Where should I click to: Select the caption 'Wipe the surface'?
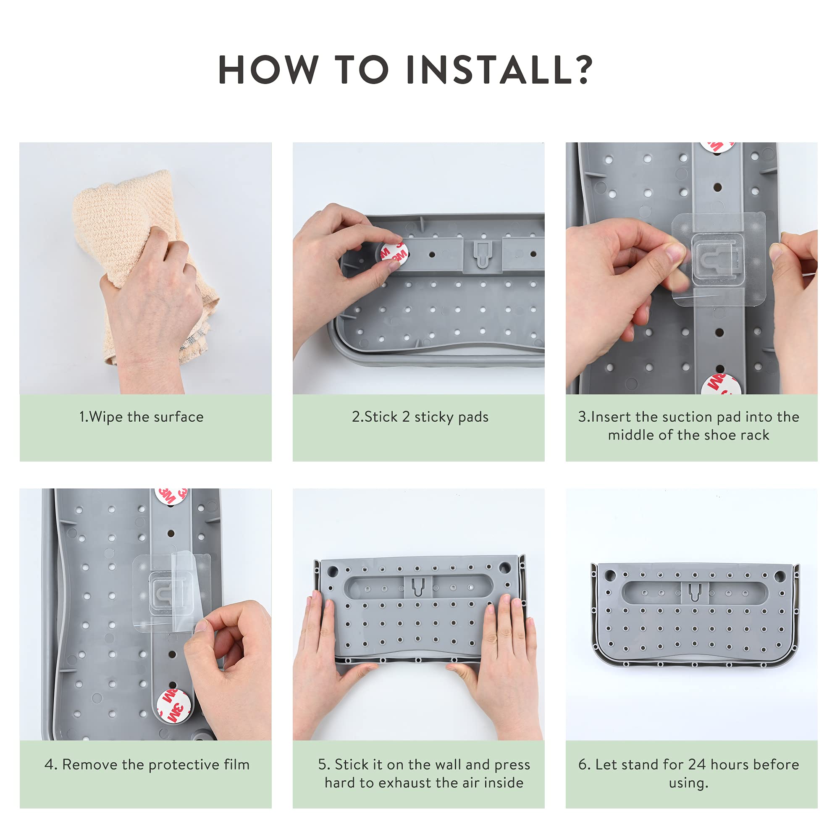pos(147,417)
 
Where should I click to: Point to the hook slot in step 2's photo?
pos(482,255)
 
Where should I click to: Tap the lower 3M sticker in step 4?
pos(173,706)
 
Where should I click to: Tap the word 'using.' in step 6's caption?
pos(689,783)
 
